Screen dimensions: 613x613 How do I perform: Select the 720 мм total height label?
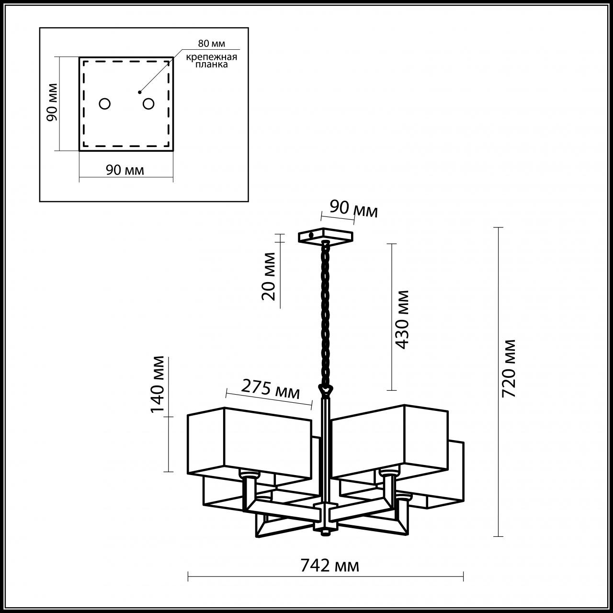(508, 368)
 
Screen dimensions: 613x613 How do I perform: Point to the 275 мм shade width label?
(271, 389)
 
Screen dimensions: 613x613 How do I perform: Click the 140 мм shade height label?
(158, 384)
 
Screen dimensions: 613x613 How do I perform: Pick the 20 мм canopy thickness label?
(268, 276)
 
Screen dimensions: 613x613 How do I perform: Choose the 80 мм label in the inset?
(211, 43)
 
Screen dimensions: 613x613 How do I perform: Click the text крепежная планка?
(212, 61)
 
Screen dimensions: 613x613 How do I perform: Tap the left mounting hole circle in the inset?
(105, 104)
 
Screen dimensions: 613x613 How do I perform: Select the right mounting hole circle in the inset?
(148, 104)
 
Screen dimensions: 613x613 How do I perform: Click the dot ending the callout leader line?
(139, 92)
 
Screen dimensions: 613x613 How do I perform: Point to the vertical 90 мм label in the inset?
(52, 102)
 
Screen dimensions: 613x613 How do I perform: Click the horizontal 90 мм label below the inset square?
(125, 170)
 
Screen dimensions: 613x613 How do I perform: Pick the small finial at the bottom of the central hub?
(326, 532)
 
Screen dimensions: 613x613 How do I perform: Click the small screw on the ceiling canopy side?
(311, 236)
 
